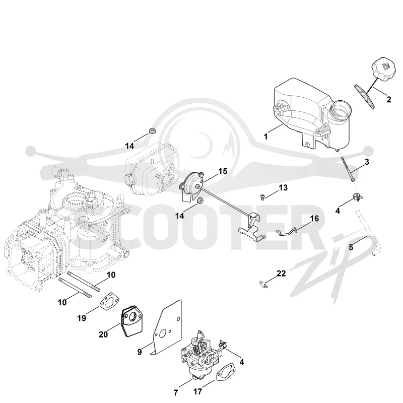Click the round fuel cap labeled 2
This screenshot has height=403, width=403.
point(383,70)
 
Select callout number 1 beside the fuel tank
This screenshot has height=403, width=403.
point(266,136)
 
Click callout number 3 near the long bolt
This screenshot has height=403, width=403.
point(367,162)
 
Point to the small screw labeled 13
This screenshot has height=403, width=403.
point(261,197)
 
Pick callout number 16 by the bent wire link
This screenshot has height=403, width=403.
point(314,219)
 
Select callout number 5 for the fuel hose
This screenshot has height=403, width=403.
point(351,247)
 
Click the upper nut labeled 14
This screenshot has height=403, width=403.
point(151,131)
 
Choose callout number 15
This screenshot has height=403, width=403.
point(223,171)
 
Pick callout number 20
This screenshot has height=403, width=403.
point(103,334)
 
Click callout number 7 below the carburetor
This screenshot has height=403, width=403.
point(175,393)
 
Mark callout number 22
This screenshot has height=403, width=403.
point(281,273)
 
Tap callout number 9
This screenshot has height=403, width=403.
point(140,352)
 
